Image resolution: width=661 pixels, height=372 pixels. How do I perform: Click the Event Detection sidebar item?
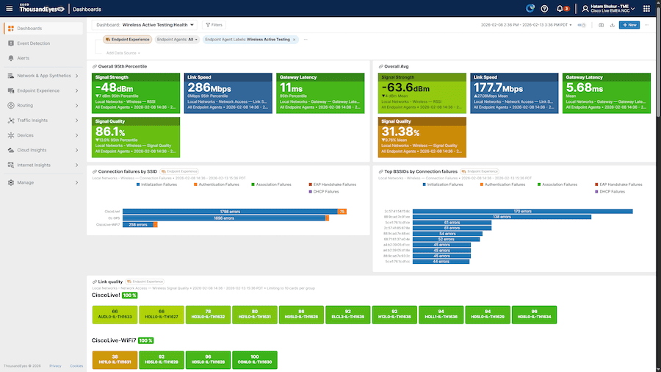(33, 43)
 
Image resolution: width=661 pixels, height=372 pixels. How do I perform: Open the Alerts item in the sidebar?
(24, 57)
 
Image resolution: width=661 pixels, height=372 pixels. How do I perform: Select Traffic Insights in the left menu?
(32, 120)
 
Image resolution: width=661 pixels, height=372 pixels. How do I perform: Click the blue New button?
(629, 25)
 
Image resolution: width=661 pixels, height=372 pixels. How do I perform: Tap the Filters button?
(214, 25)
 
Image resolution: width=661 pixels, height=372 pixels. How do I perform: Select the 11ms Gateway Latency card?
(319, 92)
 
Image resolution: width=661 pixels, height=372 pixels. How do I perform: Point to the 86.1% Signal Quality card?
(136, 136)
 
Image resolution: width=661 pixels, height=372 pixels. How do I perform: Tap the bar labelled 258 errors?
(138, 224)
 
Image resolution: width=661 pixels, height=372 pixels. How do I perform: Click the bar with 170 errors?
(522, 212)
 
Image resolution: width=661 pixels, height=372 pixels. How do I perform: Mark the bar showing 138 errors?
(502, 217)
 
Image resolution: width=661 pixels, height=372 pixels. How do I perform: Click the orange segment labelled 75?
(342, 212)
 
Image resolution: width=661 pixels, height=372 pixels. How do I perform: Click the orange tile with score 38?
(115, 360)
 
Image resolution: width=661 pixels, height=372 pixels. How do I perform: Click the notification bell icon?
(560, 8)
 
